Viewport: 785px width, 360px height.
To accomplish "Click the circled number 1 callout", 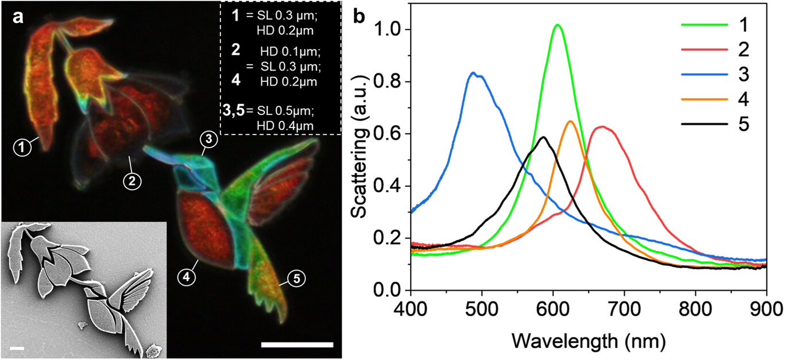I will pyautogui.click(x=22, y=148).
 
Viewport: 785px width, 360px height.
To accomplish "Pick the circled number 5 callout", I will pyautogui.click(x=296, y=280).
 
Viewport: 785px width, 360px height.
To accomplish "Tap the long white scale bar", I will pyautogui.click(x=297, y=344).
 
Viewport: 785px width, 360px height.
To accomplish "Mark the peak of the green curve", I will pyautogui.click(x=557, y=25).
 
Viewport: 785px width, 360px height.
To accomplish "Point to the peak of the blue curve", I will pyautogui.click(x=473, y=73).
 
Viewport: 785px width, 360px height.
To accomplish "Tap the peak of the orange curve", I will pyautogui.click(x=570, y=121).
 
